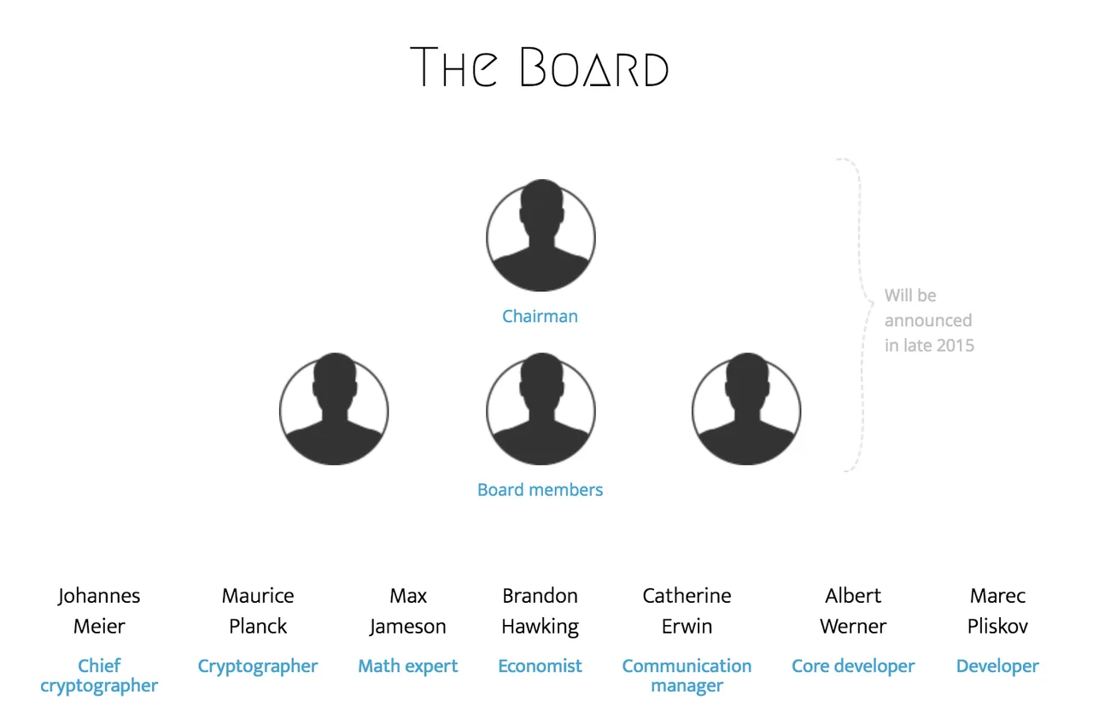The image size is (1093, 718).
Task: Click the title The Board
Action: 539,67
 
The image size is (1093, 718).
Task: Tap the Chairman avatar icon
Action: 541,236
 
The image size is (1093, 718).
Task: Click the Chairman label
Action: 540,316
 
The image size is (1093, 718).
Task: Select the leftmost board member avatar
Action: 334,409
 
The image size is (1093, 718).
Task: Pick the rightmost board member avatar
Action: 746,409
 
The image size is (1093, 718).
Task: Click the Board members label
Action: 540,490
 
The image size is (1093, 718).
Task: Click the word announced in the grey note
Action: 928,320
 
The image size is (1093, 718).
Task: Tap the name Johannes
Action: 99,597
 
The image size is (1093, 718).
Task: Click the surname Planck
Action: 258,627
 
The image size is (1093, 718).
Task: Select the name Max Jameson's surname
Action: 408,628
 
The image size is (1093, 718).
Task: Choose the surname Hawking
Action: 541,628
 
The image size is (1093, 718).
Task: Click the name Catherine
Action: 687,596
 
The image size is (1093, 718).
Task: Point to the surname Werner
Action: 853,627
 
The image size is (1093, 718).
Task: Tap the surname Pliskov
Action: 997,627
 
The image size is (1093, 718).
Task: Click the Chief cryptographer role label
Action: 99,676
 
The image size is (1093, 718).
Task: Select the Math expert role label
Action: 408,667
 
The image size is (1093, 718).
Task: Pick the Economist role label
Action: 540,666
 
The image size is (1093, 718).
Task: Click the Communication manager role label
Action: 687,676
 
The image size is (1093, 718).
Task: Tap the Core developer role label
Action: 853,667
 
